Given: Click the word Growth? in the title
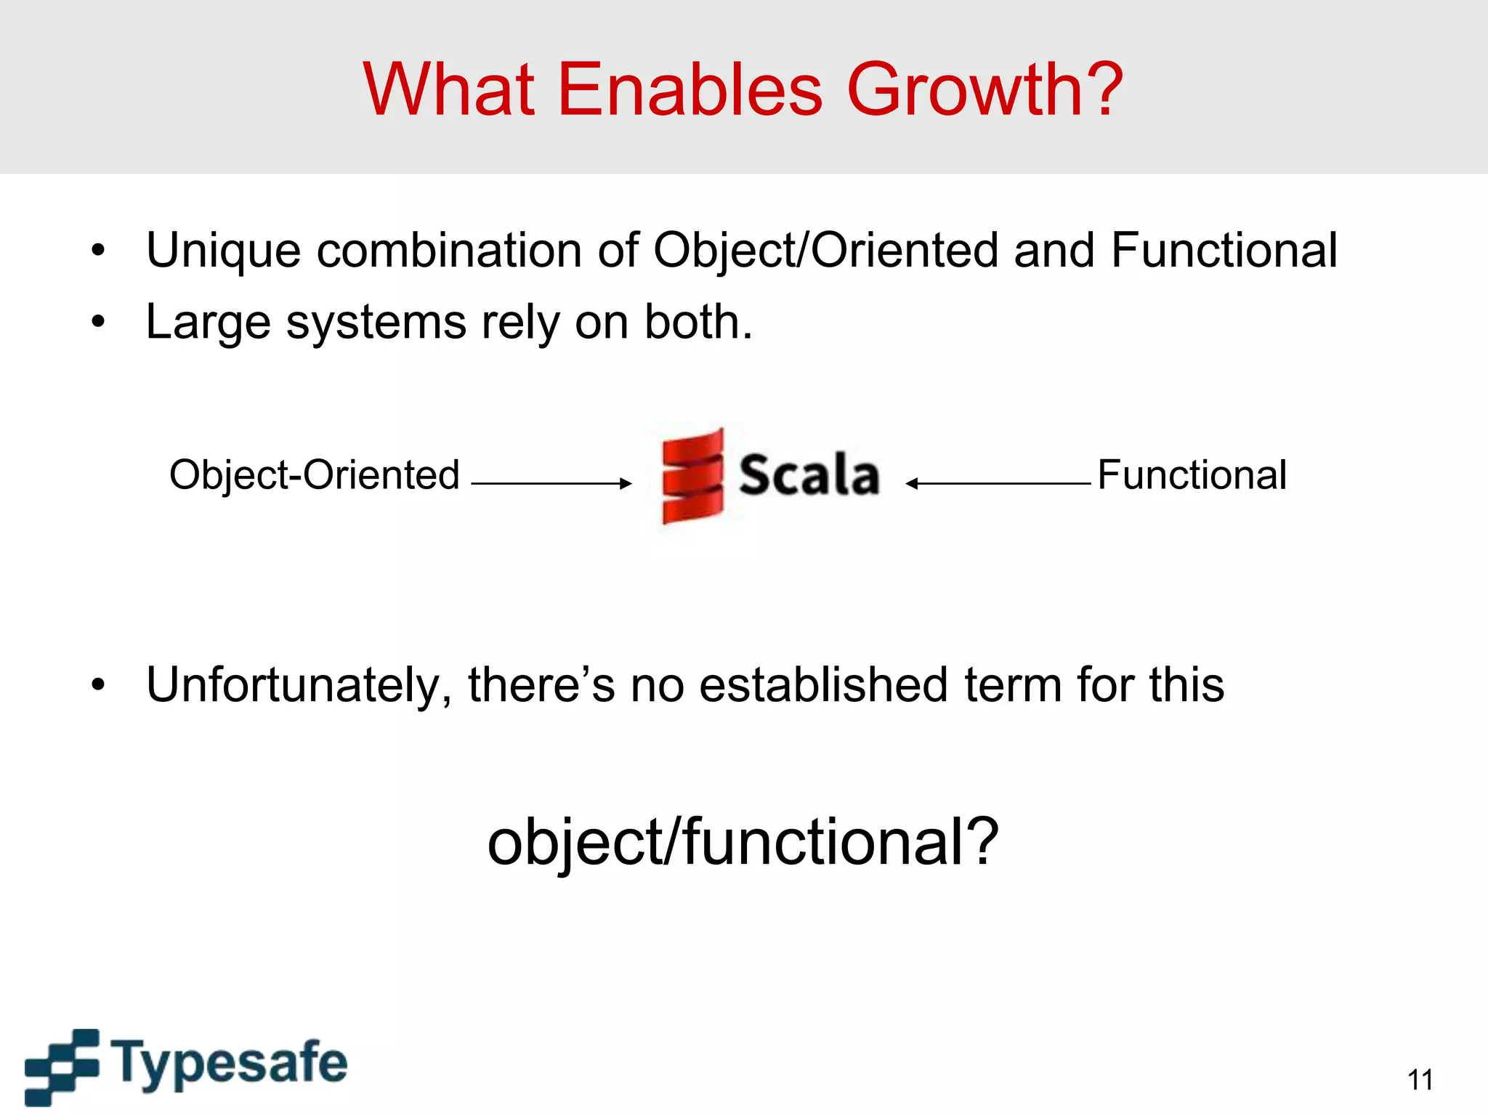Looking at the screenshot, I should pos(985,89).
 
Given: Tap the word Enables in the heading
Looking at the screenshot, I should pos(690,89).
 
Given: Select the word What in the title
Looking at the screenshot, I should pos(449,89).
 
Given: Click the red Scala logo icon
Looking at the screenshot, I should pos(692,476).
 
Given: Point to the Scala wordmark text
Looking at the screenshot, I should pos(809,476).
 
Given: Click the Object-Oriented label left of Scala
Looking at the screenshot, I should pos(315,475).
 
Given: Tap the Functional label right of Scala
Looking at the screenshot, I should pos(1192,475).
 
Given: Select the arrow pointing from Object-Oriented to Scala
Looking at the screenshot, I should pos(551,483).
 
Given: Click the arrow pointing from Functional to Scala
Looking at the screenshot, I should pos(998,483).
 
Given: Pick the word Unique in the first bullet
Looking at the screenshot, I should pos(223,251).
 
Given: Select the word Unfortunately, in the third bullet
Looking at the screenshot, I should pos(299,685).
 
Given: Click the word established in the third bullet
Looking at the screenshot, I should pos(823,685).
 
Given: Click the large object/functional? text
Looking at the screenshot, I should pos(743,842).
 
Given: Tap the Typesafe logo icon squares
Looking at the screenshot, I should pos(61,1066).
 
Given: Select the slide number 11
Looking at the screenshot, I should pos(1420,1080).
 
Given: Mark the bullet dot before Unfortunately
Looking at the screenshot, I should pos(98,684).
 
